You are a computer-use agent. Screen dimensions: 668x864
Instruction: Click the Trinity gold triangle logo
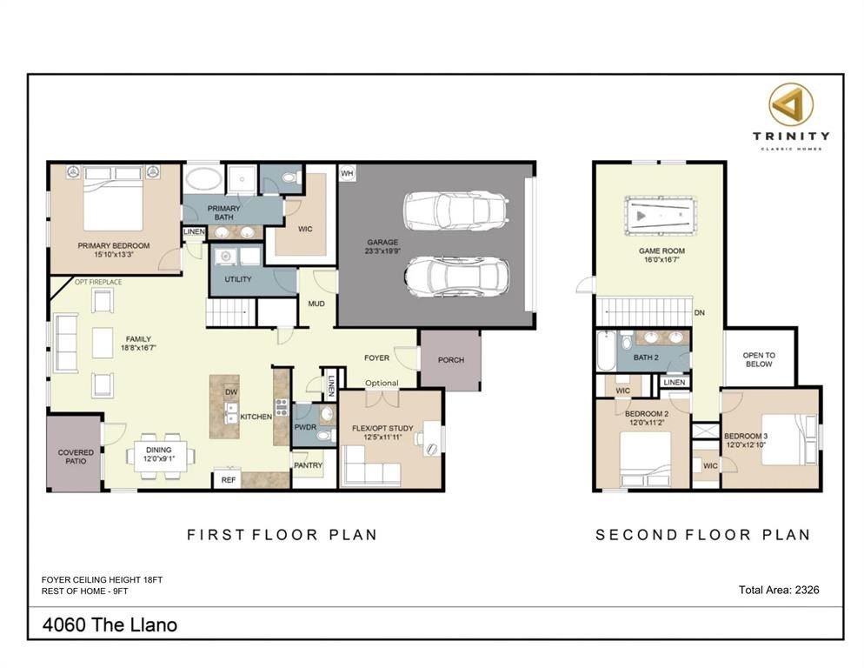(790, 104)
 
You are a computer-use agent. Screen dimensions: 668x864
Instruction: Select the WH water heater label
(347, 174)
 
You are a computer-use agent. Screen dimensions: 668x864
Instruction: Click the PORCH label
(450, 360)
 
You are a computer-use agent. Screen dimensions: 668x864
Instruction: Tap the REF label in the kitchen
(229, 480)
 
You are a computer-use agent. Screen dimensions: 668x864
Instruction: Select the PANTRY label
(308, 466)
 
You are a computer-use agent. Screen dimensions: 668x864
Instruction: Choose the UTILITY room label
(237, 280)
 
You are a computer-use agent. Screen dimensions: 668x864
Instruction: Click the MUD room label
(316, 304)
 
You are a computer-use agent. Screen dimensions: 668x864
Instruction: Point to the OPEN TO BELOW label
(759, 360)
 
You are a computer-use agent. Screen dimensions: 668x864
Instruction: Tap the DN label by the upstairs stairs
(699, 313)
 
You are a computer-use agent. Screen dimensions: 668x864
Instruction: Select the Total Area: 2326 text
(778, 590)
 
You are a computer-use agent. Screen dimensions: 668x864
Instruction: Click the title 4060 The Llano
(110, 625)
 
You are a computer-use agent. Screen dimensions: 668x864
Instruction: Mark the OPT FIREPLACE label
(98, 283)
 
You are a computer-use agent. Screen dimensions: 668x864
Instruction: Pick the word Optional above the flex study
(382, 383)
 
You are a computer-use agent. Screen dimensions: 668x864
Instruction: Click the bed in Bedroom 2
(643, 457)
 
